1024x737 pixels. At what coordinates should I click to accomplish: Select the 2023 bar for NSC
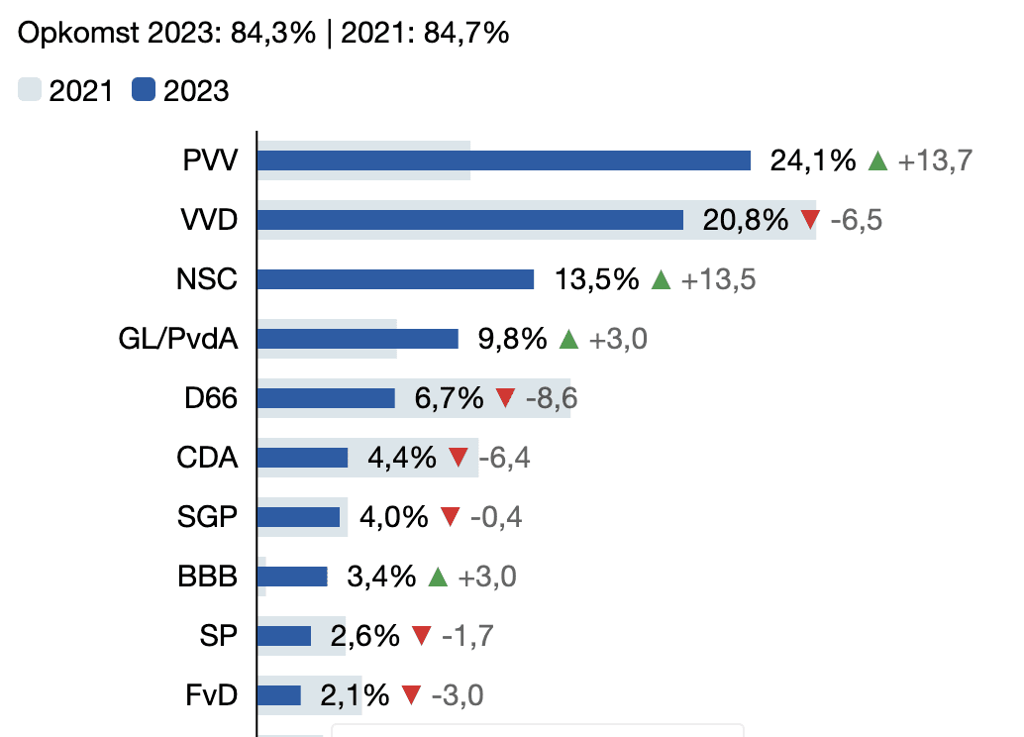pyautogui.click(x=395, y=279)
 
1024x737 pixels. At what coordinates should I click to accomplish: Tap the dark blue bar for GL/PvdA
pyautogui.click(x=358, y=339)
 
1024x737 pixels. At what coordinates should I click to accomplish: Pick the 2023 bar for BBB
pyautogui.click(x=292, y=577)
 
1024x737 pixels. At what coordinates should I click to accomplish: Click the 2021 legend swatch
pyautogui.click(x=30, y=91)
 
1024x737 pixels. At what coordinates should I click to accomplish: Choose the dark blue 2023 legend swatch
pyautogui.click(x=144, y=91)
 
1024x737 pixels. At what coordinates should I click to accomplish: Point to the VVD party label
pyautogui.click(x=210, y=220)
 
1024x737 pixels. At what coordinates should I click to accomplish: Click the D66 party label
pyautogui.click(x=211, y=398)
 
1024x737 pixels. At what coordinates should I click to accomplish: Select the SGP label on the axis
pyautogui.click(x=208, y=517)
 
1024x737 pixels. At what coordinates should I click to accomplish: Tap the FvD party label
pyautogui.click(x=212, y=695)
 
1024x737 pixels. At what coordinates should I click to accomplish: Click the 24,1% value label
pyautogui.click(x=812, y=160)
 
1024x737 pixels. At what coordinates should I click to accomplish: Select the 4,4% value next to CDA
pyautogui.click(x=401, y=458)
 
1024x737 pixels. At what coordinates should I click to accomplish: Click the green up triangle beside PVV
pyautogui.click(x=877, y=160)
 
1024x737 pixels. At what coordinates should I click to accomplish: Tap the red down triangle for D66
pyautogui.click(x=505, y=398)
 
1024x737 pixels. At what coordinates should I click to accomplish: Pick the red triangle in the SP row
pyautogui.click(x=421, y=636)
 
